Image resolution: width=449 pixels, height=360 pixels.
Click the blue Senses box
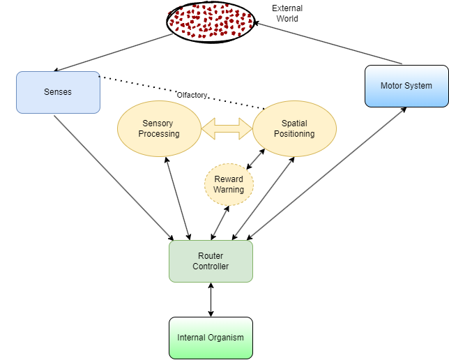click(x=58, y=92)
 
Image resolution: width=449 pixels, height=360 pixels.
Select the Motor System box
click(x=406, y=86)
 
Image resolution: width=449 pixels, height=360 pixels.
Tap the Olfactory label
click(x=192, y=95)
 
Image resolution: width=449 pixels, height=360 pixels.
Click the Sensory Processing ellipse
click(x=158, y=128)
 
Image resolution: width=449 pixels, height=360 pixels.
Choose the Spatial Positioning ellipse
click(x=294, y=128)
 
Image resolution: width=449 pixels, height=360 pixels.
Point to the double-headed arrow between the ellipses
click(x=227, y=128)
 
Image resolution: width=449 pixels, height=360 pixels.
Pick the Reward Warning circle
click(x=229, y=185)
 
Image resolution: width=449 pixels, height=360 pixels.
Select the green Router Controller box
click(x=211, y=261)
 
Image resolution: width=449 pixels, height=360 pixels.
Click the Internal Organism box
click(x=211, y=338)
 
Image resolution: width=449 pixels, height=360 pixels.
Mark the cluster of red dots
click(x=210, y=20)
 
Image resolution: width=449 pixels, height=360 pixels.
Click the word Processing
click(x=159, y=134)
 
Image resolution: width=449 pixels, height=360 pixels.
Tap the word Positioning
click(x=294, y=134)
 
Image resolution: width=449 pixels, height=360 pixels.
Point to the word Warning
click(x=229, y=190)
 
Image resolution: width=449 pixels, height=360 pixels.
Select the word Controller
click(x=211, y=267)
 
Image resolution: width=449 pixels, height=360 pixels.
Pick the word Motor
click(x=392, y=86)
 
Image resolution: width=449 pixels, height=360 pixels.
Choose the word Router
click(x=211, y=256)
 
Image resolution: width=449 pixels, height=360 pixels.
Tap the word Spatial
click(x=294, y=123)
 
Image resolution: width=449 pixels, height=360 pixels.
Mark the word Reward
click(x=229, y=179)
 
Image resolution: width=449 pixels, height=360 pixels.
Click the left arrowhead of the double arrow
click(x=207, y=128)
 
